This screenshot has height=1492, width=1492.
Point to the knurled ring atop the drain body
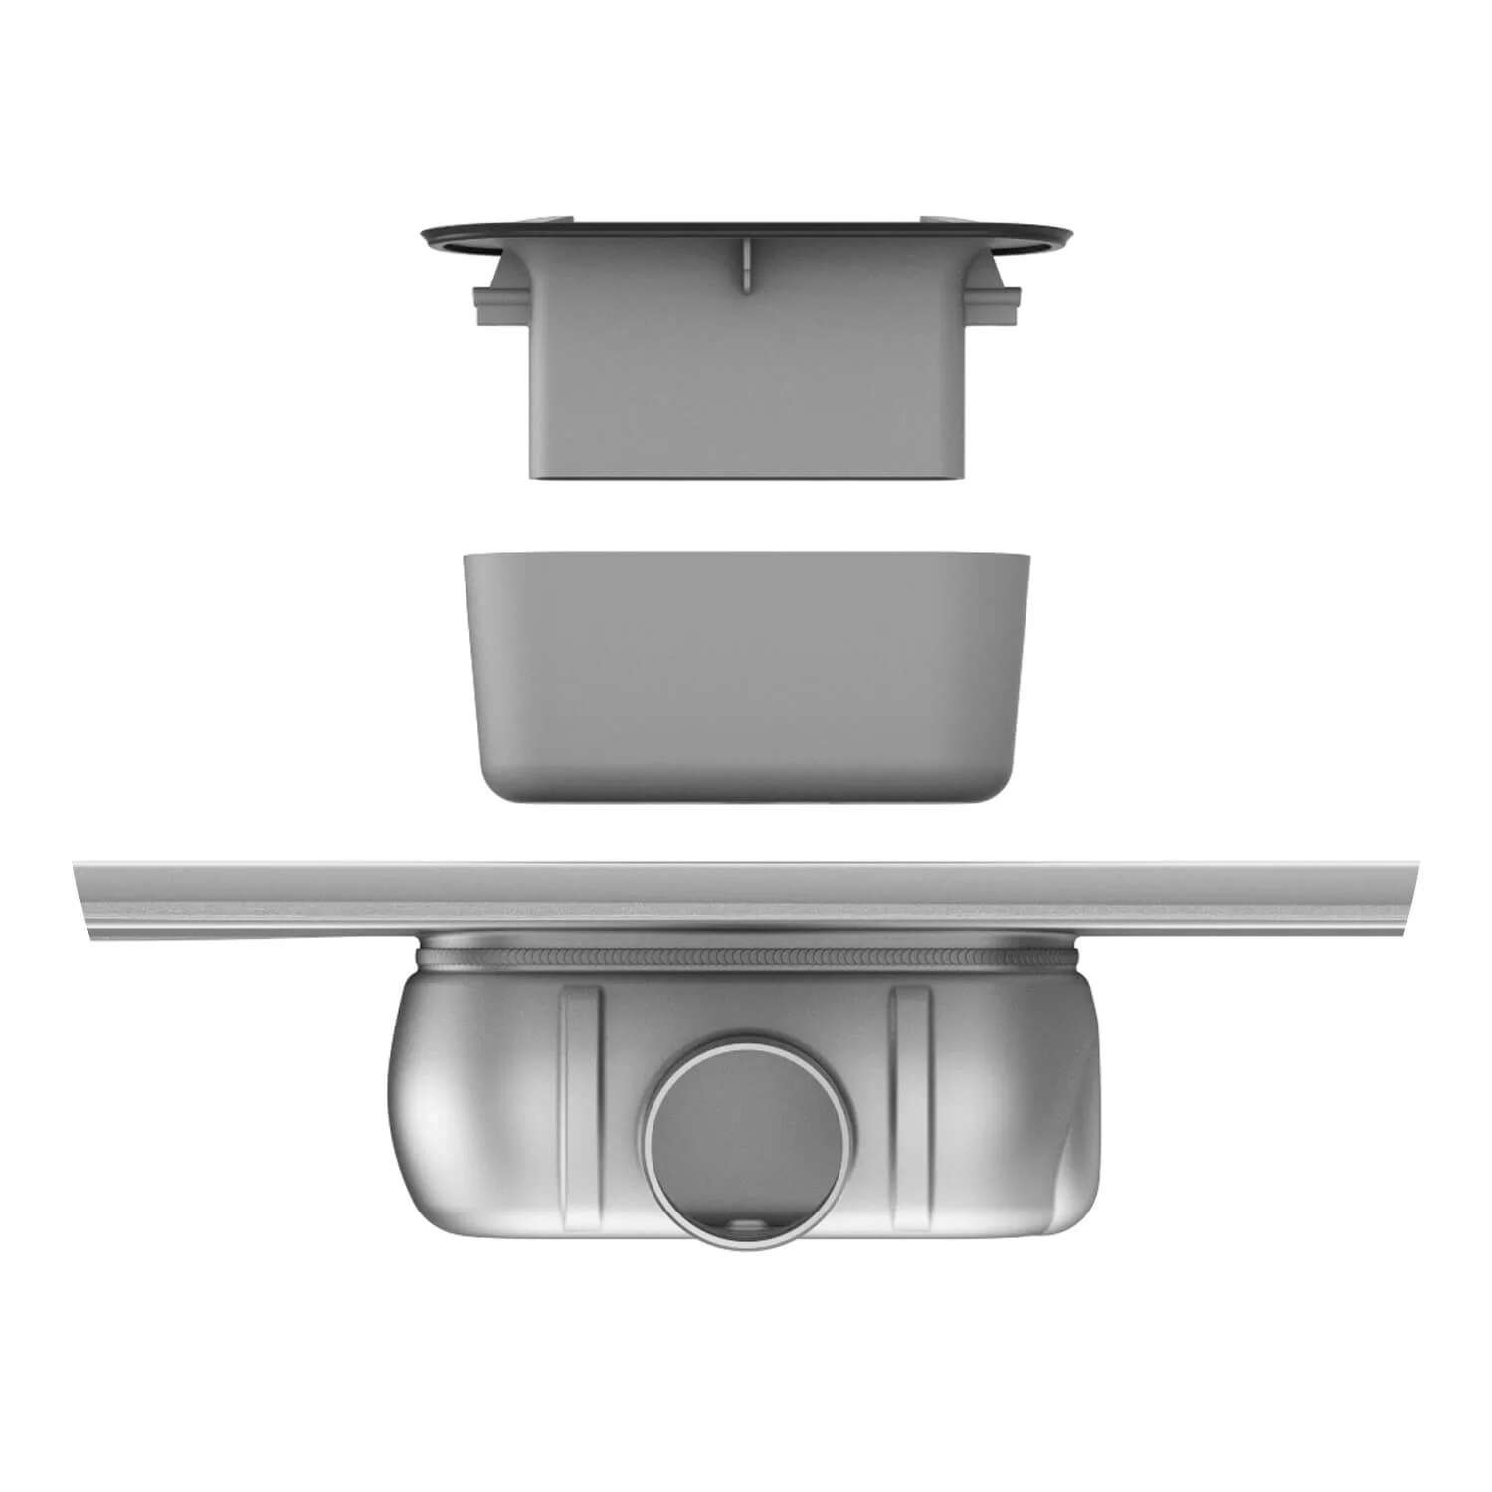click(x=746, y=958)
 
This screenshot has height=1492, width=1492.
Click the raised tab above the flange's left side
click(x=552, y=218)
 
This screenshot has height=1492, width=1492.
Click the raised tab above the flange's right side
click(x=941, y=218)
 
